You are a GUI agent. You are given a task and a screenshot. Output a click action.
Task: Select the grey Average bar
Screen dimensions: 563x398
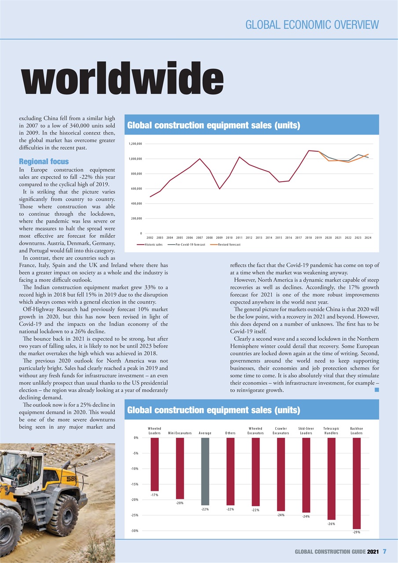click(x=205, y=471)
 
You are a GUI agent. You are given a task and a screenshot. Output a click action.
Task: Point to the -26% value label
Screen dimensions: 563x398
click(x=331, y=524)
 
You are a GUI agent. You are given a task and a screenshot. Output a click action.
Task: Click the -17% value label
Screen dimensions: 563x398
click(x=154, y=495)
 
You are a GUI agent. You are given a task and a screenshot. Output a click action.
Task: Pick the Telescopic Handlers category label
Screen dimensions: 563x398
click(x=331, y=431)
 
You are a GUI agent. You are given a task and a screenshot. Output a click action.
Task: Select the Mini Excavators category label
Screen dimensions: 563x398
click(x=180, y=433)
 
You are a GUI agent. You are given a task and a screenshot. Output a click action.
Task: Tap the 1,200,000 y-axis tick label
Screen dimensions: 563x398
click(x=135, y=144)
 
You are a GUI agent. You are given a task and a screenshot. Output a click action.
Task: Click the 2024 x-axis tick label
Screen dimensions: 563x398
click(x=368, y=238)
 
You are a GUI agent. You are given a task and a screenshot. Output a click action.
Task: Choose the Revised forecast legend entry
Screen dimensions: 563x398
click(x=225, y=244)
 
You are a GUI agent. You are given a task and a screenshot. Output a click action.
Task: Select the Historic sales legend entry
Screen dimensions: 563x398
click(x=150, y=244)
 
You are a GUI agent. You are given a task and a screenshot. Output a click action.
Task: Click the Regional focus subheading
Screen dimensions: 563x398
click(x=44, y=161)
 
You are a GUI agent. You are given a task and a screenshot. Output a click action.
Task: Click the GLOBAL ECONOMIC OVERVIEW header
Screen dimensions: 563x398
click(x=312, y=24)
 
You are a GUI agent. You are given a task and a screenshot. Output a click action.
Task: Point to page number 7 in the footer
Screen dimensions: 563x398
click(x=384, y=551)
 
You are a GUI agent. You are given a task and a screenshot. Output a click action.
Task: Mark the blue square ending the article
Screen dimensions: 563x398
click(x=376, y=389)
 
